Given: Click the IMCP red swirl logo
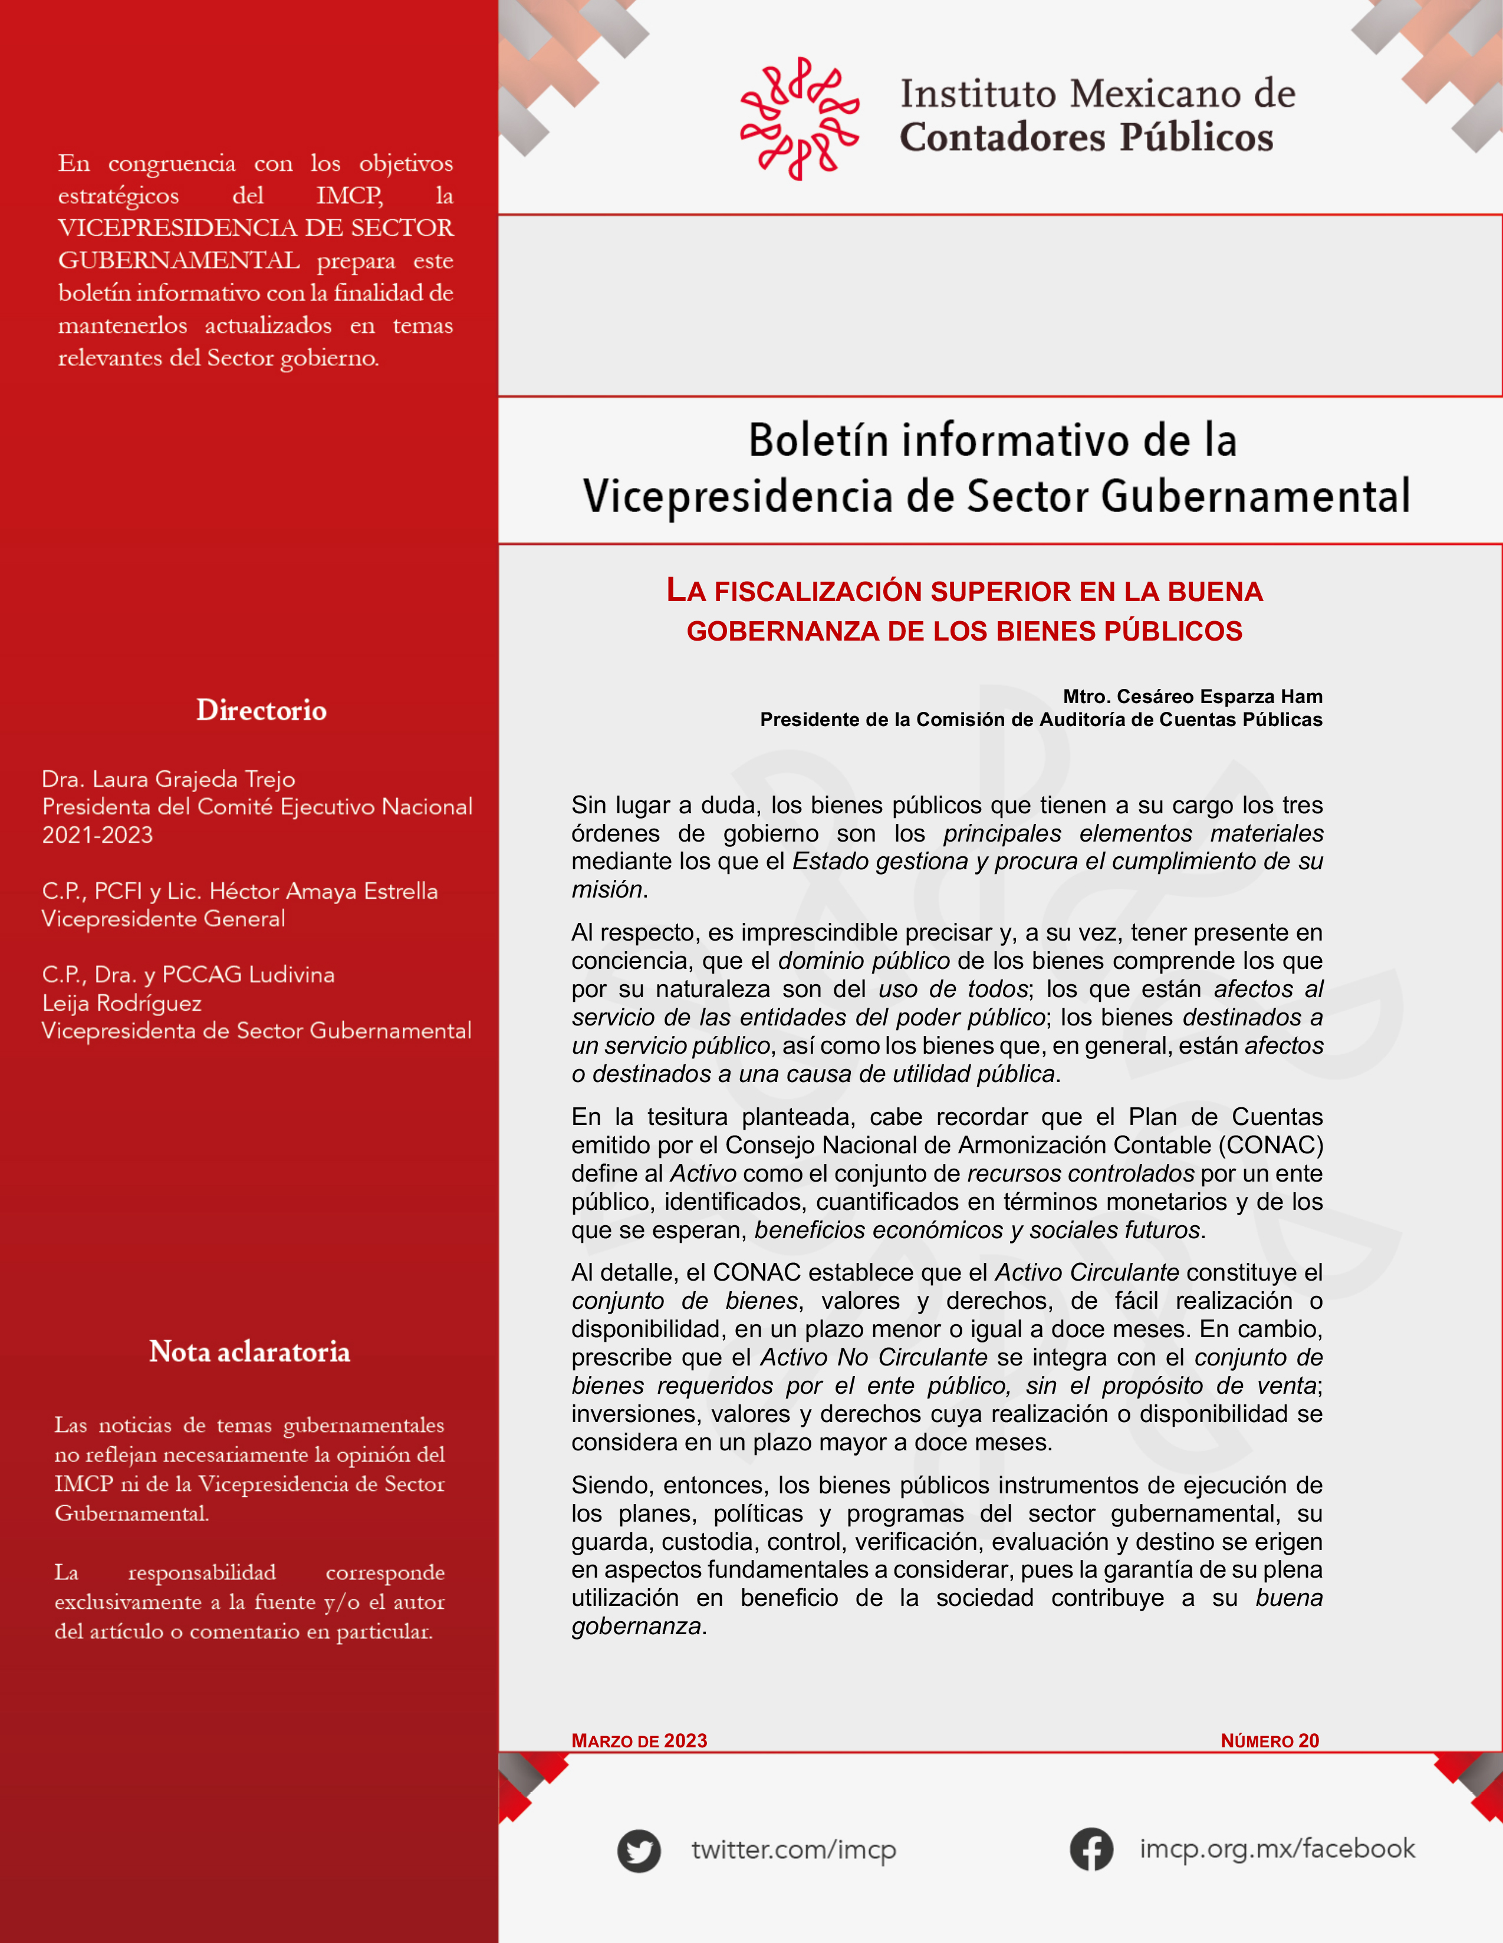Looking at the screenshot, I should click(799, 118).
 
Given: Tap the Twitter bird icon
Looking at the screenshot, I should click(639, 1850).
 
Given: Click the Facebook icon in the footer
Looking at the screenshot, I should click(1091, 1849).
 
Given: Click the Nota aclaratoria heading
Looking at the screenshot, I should click(249, 1351).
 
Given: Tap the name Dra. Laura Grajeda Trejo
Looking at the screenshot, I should click(168, 778).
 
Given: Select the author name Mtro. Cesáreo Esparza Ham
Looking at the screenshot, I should click(1192, 696).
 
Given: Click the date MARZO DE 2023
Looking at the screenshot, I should click(639, 1740).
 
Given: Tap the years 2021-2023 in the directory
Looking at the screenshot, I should click(97, 834).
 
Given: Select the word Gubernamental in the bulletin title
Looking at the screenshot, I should click(1255, 496).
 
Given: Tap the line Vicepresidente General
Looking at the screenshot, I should click(163, 918).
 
